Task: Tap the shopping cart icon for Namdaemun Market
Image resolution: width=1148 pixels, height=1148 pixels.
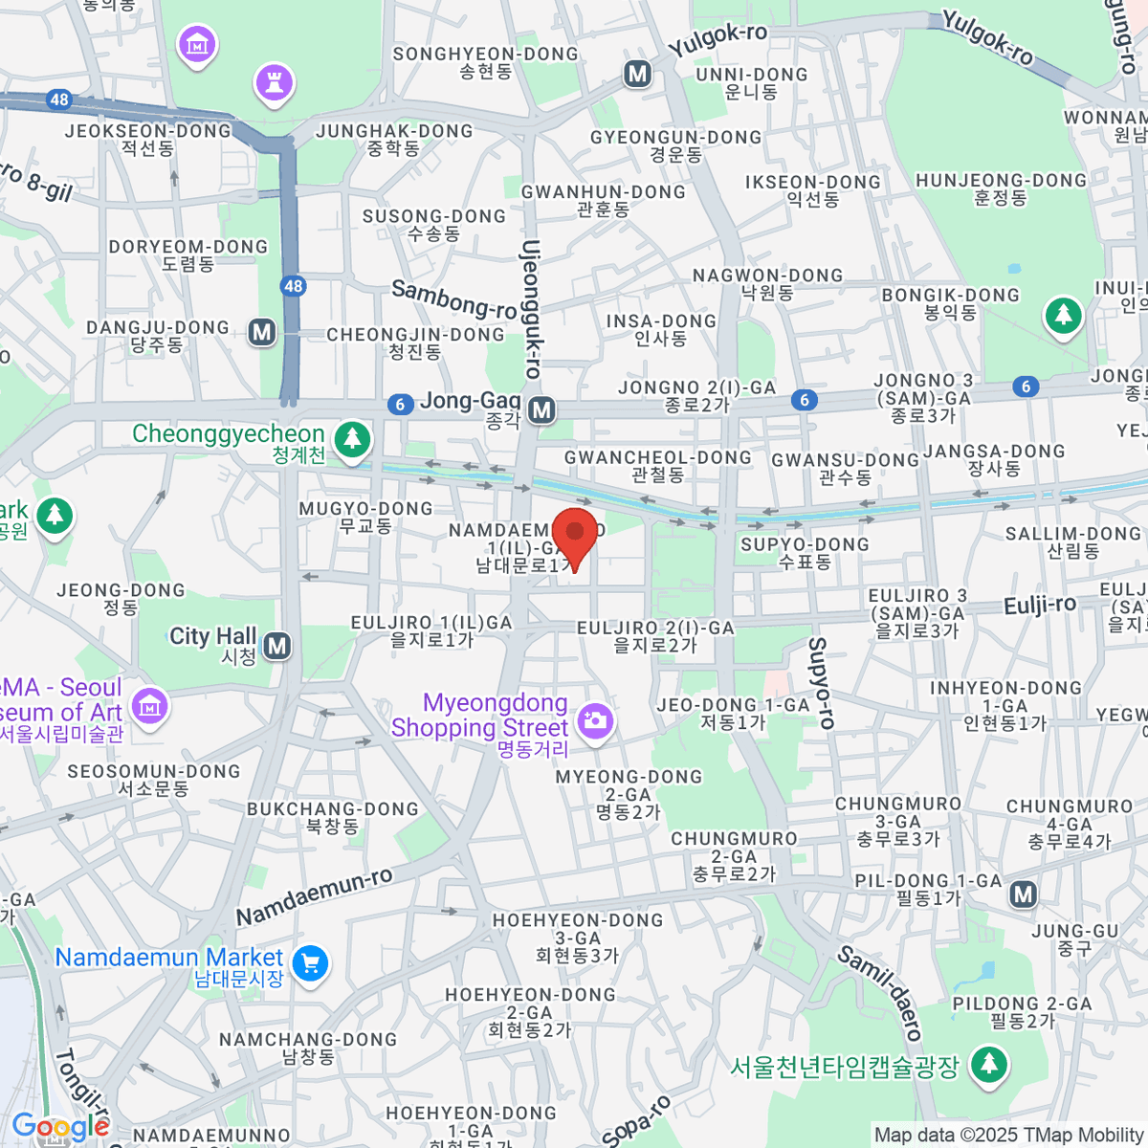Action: pos(310,963)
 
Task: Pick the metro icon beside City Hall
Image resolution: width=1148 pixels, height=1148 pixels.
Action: pos(277,646)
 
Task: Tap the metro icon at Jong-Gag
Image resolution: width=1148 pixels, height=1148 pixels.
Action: pos(541,410)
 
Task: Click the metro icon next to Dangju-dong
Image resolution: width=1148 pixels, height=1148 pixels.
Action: pos(261,332)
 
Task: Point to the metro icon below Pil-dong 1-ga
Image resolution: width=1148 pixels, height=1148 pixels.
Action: pos(1024,894)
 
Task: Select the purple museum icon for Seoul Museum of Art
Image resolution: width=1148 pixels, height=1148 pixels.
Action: pos(149,706)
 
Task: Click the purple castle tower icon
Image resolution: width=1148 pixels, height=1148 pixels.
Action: pos(274,82)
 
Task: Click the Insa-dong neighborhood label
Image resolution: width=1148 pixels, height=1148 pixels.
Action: pos(661,330)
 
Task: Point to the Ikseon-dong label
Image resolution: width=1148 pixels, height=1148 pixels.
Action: pos(812,190)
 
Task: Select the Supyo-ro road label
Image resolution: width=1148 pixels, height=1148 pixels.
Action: pos(822,683)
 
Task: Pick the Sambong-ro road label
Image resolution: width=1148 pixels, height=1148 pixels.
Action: pos(454,299)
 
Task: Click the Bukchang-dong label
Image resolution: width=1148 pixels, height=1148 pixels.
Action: pos(332,817)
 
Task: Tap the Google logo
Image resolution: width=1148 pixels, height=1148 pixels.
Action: pos(60,1127)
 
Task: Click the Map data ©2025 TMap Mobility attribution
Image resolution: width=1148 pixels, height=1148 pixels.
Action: pos(1008,1136)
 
